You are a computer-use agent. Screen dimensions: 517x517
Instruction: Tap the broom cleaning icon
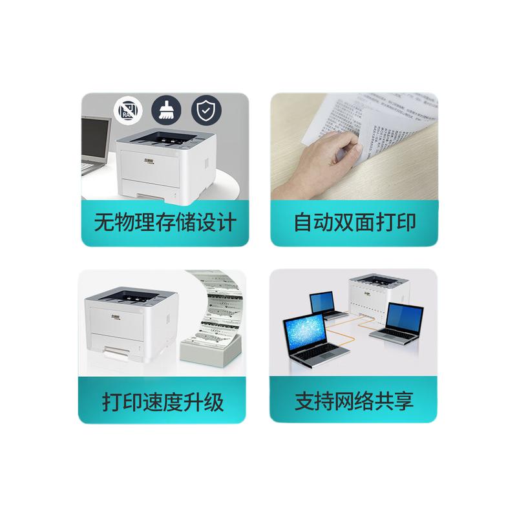tap(165, 111)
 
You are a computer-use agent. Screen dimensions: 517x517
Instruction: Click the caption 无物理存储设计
tap(165, 223)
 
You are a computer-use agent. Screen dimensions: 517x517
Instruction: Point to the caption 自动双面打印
tap(354, 223)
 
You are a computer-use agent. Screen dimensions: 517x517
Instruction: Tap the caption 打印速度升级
tap(163, 402)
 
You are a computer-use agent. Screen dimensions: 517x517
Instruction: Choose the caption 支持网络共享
tap(353, 401)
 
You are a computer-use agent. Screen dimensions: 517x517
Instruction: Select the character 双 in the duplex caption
tap(354, 223)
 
